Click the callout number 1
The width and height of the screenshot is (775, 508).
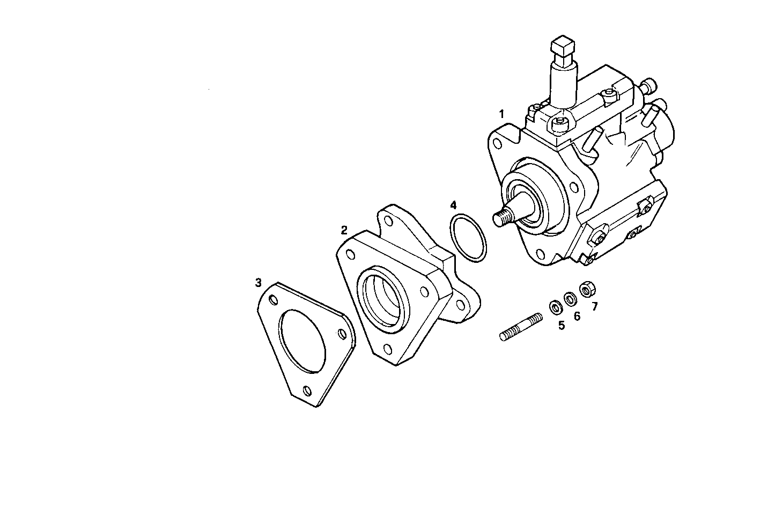pyautogui.click(x=501, y=114)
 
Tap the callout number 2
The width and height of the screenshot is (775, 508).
pyautogui.click(x=344, y=230)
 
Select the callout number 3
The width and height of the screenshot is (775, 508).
pyautogui.click(x=258, y=282)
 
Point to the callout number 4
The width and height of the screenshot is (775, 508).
pyautogui.click(x=453, y=205)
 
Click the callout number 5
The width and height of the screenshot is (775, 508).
pyautogui.click(x=562, y=325)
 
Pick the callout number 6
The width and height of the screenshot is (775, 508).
pyautogui.click(x=577, y=316)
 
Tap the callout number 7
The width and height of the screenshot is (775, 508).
pyautogui.click(x=594, y=306)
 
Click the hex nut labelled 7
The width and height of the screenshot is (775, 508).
pyautogui.click(x=587, y=289)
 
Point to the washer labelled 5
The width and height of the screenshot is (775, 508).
pyautogui.click(x=555, y=306)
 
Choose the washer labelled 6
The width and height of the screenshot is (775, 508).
pyautogui.click(x=570, y=297)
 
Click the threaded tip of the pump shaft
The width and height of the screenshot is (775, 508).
pyautogui.click(x=501, y=217)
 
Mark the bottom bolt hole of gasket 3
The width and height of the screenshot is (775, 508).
pyautogui.click(x=306, y=391)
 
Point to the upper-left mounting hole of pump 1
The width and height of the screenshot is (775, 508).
pyautogui.click(x=498, y=144)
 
